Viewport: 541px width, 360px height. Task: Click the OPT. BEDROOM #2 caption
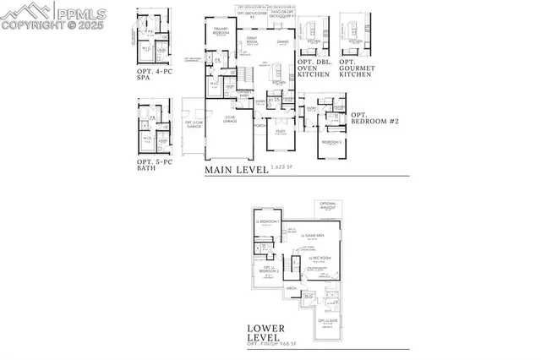374,117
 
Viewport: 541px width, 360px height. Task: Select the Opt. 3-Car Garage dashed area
191,127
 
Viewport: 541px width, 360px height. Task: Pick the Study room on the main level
278,132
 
